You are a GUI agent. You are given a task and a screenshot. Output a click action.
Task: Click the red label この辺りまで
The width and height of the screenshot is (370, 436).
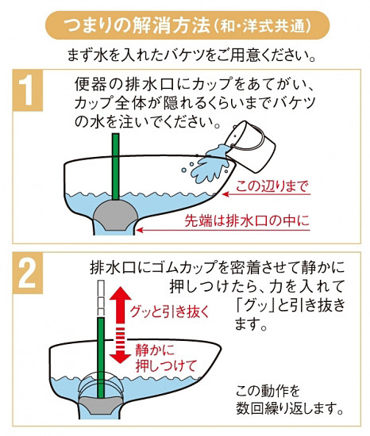pos(272,188)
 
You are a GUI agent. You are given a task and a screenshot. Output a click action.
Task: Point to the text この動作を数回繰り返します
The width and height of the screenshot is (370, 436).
pos(289,400)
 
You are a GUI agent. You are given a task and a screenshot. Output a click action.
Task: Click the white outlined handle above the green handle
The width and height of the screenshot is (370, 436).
pos(102,297)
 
